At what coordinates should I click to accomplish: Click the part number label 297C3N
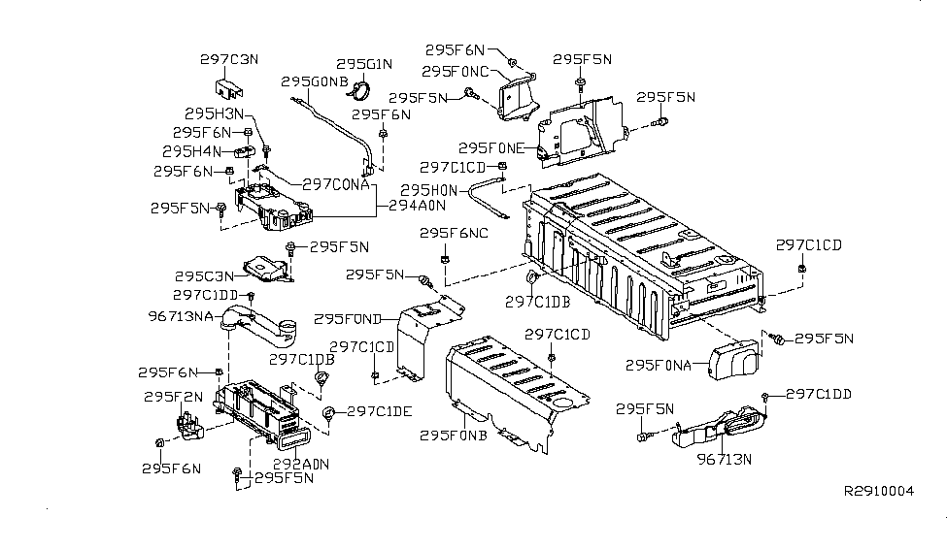[x=229, y=59]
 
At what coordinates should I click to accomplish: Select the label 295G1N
[x=364, y=65]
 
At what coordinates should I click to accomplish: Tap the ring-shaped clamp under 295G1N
[x=360, y=93]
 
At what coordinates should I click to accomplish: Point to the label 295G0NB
[x=314, y=81]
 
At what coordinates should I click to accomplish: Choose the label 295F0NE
[x=491, y=148]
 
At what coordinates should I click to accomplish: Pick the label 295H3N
[x=209, y=114]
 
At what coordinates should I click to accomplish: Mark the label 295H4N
[x=192, y=151]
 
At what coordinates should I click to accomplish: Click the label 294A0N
[x=417, y=206]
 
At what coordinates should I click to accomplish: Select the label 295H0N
[x=428, y=190]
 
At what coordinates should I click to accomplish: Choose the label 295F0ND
[x=351, y=317]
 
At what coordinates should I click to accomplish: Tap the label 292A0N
[x=299, y=464]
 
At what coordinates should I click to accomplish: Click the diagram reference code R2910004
[x=879, y=491]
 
